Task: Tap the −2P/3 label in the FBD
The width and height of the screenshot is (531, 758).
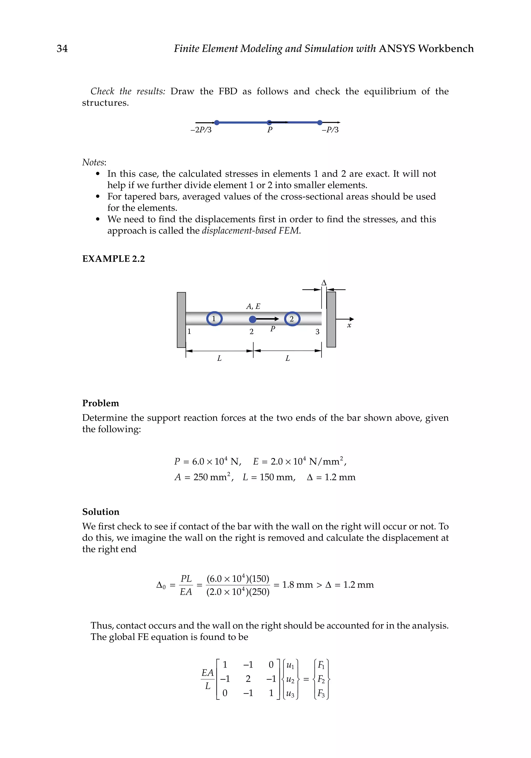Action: [201, 130]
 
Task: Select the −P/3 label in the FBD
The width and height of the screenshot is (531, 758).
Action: [330, 130]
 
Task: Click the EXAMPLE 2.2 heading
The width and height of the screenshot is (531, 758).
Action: [113, 259]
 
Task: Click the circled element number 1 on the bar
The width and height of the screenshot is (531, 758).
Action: [214, 319]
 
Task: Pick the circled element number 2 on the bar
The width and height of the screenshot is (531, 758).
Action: [292, 319]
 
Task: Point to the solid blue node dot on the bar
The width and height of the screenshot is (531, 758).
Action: [253, 319]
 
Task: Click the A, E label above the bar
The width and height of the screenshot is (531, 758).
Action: [253, 306]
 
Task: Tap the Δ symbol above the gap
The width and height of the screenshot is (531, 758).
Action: [324, 283]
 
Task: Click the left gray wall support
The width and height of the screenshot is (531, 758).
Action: [181, 320]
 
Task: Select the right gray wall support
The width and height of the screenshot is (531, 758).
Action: [331, 320]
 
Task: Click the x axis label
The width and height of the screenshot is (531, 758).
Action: [349, 326]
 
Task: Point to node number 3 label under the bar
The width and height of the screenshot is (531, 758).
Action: [317, 332]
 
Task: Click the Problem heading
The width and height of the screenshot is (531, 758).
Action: [100, 403]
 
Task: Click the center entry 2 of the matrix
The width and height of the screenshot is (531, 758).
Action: [248, 679]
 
